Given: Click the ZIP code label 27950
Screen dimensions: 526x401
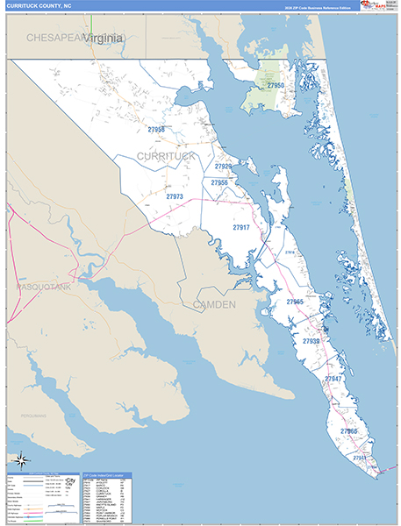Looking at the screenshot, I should pyautogui.click(x=276, y=86).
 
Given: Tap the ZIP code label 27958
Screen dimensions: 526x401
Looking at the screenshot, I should pyautogui.click(x=156, y=130).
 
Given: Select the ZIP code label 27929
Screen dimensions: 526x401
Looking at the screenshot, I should pyautogui.click(x=224, y=166).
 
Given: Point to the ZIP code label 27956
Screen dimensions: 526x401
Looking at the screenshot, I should pyautogui.click(x=219, y=182).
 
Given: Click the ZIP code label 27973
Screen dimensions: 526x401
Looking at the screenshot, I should pyautogui.click(x=175, y=197).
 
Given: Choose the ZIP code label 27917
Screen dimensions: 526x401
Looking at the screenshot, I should pyautogui.click(x=241, y=227).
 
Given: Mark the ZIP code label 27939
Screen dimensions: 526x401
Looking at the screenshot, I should pyautogui.click(x=311, y=340).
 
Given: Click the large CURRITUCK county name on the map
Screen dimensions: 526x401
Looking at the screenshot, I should pyautogui.click(x=167, y=155).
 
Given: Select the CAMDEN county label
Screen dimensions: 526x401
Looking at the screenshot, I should pyautogui.click(x=214, y=304).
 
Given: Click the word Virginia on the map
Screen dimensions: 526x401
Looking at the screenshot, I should pyautogui.click(x=104, y=38).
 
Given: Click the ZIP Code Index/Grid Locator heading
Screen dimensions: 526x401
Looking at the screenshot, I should pyautogui.click(x=108, y=477).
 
